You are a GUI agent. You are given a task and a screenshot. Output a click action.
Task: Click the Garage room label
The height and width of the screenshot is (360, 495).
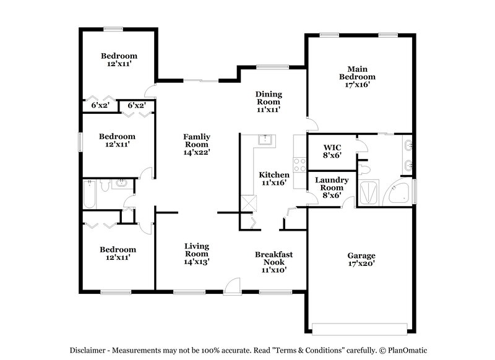click(361, 255)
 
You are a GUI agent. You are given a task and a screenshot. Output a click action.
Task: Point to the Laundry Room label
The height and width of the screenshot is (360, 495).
click(332, 187)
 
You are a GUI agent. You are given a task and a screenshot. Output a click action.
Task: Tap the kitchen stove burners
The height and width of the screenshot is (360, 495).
click(300, 165)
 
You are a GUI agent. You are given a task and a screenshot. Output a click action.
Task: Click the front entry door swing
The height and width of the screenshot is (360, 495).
click(233, 284)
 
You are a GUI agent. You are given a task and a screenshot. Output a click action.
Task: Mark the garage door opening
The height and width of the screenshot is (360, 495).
click(361, 328)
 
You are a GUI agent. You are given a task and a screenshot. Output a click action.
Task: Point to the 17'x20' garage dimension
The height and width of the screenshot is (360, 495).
click(361, 264)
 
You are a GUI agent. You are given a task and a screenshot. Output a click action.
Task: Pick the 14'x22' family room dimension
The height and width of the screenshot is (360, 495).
click(197, 151)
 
